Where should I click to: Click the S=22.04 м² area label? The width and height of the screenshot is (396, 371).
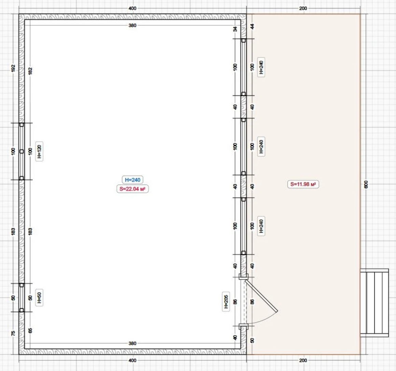coord(132,189)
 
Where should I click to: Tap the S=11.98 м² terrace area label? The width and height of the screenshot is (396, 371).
coord(303,184)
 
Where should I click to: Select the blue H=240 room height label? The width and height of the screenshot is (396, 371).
coord(132,180)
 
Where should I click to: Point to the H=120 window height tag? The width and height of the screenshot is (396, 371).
coord(39,151)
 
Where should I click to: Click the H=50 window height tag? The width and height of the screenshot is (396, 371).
coord(39,298)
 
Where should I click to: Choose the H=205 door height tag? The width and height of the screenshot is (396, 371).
coord(226,302)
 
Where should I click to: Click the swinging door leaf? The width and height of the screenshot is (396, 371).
coord(261,296)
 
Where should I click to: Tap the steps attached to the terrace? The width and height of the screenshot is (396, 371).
coord(374,303)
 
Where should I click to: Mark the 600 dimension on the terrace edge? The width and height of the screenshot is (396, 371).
coord(366,184)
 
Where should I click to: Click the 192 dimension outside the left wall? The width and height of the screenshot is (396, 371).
coord(13,68)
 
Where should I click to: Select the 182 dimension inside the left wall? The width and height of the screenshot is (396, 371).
coord(30,71)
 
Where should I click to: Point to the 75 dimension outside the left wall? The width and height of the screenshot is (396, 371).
coord(13,333)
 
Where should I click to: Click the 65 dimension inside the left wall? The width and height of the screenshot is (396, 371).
coord(30,330)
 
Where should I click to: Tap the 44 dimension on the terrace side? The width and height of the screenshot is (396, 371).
coord(252,26)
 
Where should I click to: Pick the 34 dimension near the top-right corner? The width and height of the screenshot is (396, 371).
coord(235,29)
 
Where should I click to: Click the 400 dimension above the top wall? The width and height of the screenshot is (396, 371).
coord(132,8)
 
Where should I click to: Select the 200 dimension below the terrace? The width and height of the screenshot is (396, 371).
coord(303,360)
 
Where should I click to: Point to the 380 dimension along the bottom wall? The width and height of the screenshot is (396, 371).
coord(132,343)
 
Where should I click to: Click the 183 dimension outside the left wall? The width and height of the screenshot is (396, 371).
coord(13,231)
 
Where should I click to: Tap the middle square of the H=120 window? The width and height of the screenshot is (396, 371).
coord(22,152)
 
